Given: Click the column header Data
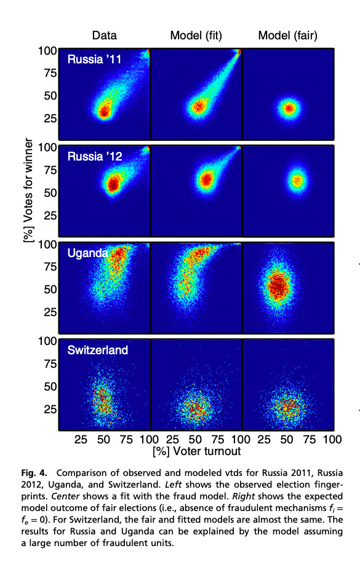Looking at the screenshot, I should [104, 35].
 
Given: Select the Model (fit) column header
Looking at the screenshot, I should [196, 35].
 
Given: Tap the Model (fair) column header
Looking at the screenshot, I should [288, 35].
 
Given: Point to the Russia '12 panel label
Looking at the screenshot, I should [95, 157].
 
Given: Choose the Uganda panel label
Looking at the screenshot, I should [88, 253].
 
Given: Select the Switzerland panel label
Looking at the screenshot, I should [98, 350].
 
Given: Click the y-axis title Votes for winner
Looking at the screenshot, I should [28, 192].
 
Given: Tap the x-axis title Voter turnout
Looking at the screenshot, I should [196, 451].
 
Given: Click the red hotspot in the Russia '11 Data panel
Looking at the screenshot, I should [104, 111].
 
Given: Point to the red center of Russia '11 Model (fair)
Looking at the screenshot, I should [289, 109].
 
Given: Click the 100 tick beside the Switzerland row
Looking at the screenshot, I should [47, 340].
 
